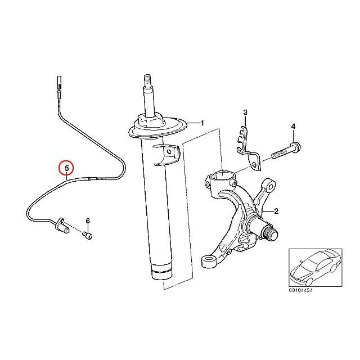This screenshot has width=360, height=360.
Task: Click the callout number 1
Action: [202, 123]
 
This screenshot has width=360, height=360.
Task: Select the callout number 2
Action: [276, 211]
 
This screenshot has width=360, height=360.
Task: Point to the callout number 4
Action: [293, 128]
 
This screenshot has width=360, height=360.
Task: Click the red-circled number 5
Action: [66, 168]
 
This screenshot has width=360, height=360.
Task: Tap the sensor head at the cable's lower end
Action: [61, 227]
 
